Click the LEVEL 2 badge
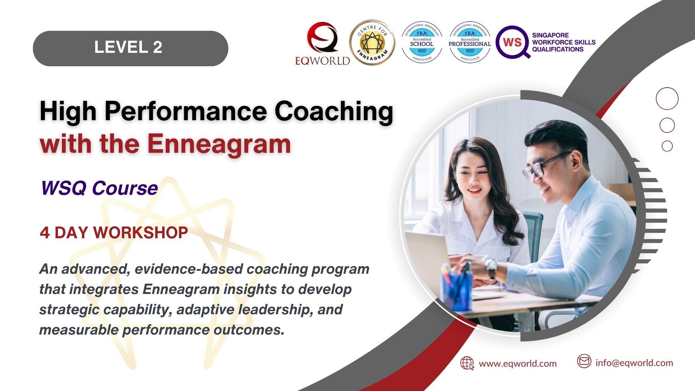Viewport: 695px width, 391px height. click(x=130, y=48)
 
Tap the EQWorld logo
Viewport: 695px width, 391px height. click(x=323, y=43)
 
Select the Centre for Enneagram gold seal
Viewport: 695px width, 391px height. click(x=372, y=42)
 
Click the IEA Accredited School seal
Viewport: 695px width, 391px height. click(x=422, y=42)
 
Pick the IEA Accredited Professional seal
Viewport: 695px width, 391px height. click(x=470, y=42)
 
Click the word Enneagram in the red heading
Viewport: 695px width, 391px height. click(x=219, y=144)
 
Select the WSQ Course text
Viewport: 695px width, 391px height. click(x=99, y=188)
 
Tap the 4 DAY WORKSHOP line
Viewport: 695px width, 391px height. click(x=114, y=232)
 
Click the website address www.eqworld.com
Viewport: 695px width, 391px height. click(x=518, y=363)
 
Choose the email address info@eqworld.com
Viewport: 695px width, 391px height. click(x=634, y=363)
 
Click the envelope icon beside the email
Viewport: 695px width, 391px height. click(x=584, y=361)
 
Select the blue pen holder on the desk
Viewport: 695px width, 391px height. click(x=456, y=290)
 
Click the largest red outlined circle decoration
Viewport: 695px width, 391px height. click(x=667, y=98)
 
